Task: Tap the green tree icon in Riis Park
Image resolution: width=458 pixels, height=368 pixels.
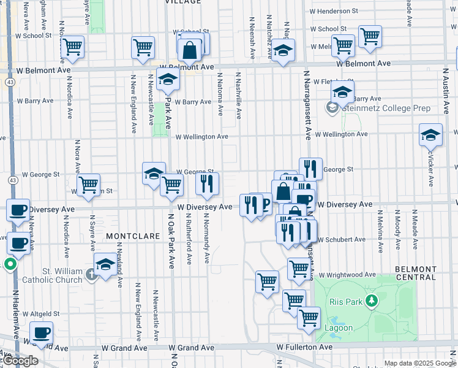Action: (x=370, y=301)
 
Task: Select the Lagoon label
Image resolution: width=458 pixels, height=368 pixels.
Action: (x=339, y=328)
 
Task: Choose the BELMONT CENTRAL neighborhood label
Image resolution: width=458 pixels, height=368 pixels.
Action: (x=416, y=273)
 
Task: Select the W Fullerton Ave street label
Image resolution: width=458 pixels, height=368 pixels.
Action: (x=304, y=347)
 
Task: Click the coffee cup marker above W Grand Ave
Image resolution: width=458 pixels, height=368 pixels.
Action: (x=41, y=333)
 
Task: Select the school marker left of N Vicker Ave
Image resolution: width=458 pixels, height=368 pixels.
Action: (x=430, y=134)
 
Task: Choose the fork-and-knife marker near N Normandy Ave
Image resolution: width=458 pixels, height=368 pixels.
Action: (x=207, y=183)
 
